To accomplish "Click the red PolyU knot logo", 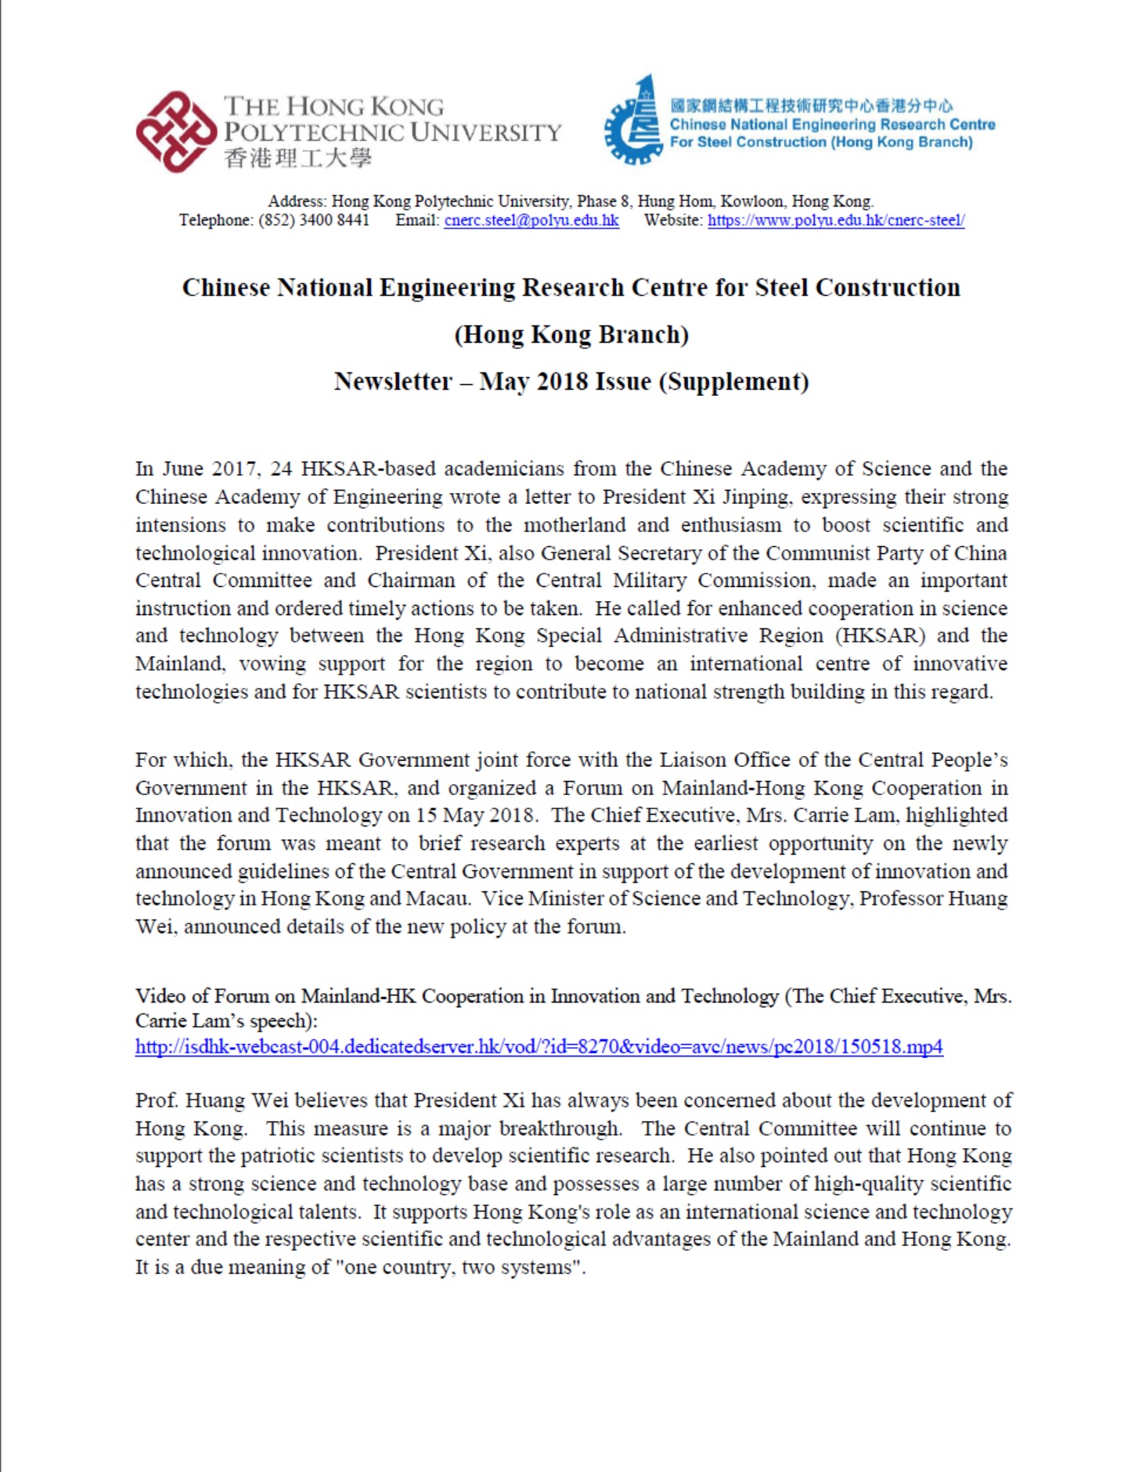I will click(175, 131).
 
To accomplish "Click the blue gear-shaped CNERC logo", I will click(632, 121).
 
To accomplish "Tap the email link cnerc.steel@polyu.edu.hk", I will click(531, 221).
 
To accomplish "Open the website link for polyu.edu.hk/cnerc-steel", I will click(835, 221).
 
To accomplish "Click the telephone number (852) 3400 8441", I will click(313, 221).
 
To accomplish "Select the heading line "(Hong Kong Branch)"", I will click(571, 335).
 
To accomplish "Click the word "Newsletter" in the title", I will click(393, 382).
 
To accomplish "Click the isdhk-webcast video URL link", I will click(539, 1047).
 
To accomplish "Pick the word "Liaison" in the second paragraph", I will click(692, 760).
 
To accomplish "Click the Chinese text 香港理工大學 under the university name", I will click(297, 159).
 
